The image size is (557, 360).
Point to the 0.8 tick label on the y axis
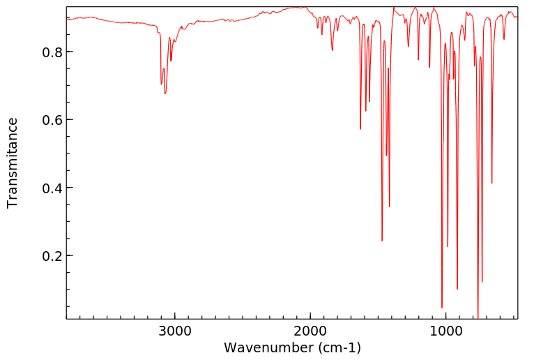tap(52, 52)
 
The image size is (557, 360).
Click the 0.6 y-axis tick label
tap(52, 120)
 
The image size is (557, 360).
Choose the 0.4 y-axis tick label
tap(52, 188)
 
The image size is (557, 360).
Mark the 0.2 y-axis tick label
tap(52, 255)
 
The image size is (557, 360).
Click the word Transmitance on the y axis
tap(13, 163)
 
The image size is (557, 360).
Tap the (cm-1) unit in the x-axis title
tap(339, 347)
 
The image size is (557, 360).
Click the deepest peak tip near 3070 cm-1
tap(165, 93)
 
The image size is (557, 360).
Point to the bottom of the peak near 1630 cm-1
tap(360, 129)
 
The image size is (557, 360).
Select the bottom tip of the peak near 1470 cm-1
tap(382, 241)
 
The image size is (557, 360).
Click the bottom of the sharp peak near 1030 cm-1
tap(442, 308)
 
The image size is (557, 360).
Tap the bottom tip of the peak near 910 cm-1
tap(457, 289)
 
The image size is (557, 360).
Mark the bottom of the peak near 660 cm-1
tap(492, 183)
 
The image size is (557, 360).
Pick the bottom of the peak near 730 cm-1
tap(482, 282)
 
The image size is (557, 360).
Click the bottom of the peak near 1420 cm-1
tap(389, 207)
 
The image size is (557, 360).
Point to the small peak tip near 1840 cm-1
tap(333, 50)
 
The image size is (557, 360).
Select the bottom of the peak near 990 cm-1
tap(448, 246)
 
